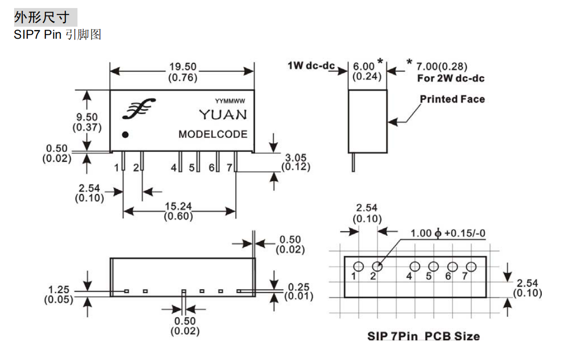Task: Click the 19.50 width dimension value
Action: coord(183,67)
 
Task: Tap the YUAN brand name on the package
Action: coord(223,115)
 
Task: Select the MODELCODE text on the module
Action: coord(213,134)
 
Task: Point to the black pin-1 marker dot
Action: coord(125,135)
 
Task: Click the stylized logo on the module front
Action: coord(139,109)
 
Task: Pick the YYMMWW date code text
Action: coord(230,101)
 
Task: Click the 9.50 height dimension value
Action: coord(87,117)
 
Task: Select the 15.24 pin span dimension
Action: coord(178,206)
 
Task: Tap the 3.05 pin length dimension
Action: coord(295,157)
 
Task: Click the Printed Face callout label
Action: coord(452,99)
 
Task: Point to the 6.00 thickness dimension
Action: coord(364,66)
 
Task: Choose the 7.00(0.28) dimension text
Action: coord(442,66)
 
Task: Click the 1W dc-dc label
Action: coord(311,66)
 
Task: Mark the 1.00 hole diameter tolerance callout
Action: coord(448,233)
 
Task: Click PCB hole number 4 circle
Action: coord(415,267)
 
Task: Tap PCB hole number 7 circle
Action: coord(471,267)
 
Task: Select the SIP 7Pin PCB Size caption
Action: coord(424,336)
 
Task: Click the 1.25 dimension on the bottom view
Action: coord(59,290)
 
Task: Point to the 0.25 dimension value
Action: coord(298,287)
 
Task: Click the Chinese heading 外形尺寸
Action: coord(42,17)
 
